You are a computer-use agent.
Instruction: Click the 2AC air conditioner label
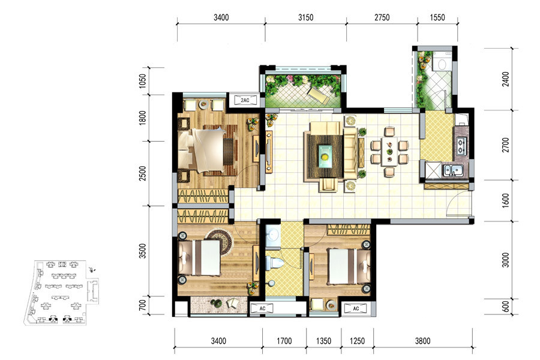tap(245, 100)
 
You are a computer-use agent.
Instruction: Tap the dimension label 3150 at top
tap(305, 17)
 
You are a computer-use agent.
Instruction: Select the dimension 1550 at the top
tap(437, 17)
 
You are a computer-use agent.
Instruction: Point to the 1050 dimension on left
tap(143, 81)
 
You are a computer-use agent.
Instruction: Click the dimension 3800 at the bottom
tap(422, 341)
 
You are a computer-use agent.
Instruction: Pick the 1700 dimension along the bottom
tap(284, 341)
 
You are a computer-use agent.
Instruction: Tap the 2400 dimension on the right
tap(505, 79)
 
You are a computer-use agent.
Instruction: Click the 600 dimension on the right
tap(505, 306)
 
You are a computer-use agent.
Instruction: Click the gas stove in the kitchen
tap(461, 146)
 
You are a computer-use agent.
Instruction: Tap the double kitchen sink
tap(452, 170)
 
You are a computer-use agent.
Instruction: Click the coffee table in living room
tap(325, 156)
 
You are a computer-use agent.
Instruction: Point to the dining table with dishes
tap(389, 152)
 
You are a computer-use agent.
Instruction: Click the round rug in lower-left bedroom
tap(220, 241)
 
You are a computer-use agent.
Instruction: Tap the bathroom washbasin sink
tap(273, 234)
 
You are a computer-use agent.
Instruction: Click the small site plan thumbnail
tap(62, 292)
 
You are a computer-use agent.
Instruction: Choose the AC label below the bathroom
tap(262, 308)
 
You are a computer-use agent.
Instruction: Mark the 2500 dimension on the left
tap(143, 173)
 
